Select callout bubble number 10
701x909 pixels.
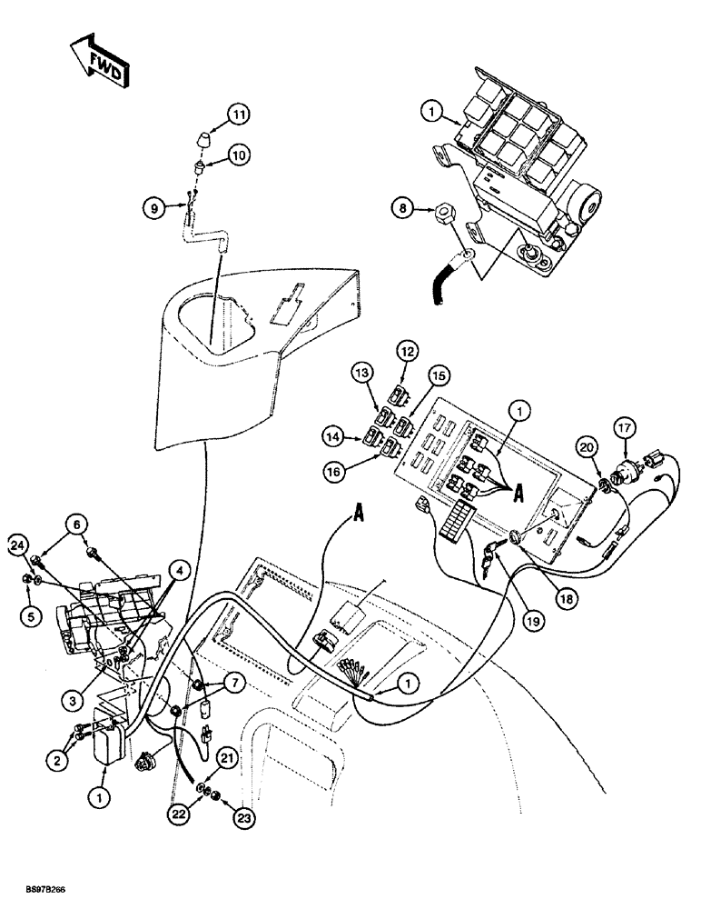click(x=238, y=155)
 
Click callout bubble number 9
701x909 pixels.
click(x=153, y=206)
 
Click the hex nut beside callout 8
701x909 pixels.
click(x=445, y=216)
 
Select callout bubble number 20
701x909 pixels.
click(x=587, y=447)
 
